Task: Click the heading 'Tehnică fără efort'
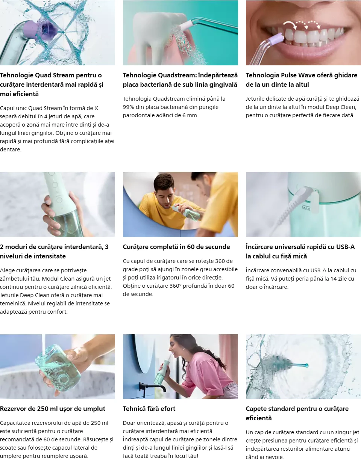tap(149, 409)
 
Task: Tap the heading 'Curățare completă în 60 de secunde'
tap(176, 247)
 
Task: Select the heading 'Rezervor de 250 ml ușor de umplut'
tap(53, 409)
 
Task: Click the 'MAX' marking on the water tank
tap(306, 208)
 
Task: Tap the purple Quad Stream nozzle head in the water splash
tap(40, 29)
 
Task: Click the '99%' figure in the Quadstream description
tap(128, 107)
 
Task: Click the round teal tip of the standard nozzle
tap(306, 365)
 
